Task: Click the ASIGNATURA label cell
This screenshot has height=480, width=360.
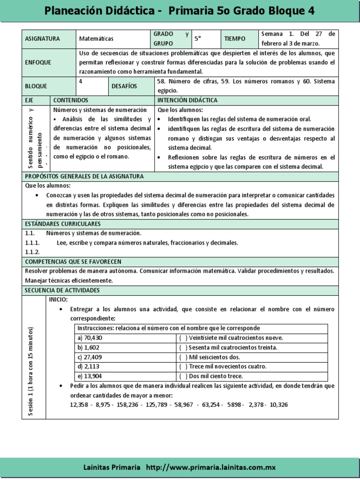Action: [x=43, y=39]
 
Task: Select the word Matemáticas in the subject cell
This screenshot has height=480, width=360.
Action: [x=96, y=39]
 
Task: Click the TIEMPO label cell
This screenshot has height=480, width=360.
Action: [x=235, y=39]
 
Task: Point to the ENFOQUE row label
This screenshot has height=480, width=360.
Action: [x=38, y=62]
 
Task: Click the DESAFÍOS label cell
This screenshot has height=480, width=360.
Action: [x=124, y=86]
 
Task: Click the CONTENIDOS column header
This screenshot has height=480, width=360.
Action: [x=71, y=100]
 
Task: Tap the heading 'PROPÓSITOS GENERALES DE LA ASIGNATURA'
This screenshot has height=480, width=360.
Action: [x=84, y=176]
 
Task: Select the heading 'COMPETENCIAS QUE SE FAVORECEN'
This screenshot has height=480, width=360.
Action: [x=73, y=261]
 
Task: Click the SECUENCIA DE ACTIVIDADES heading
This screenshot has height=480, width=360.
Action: [x=62, y=291]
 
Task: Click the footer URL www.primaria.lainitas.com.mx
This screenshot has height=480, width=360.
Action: [x=210, y=467]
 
